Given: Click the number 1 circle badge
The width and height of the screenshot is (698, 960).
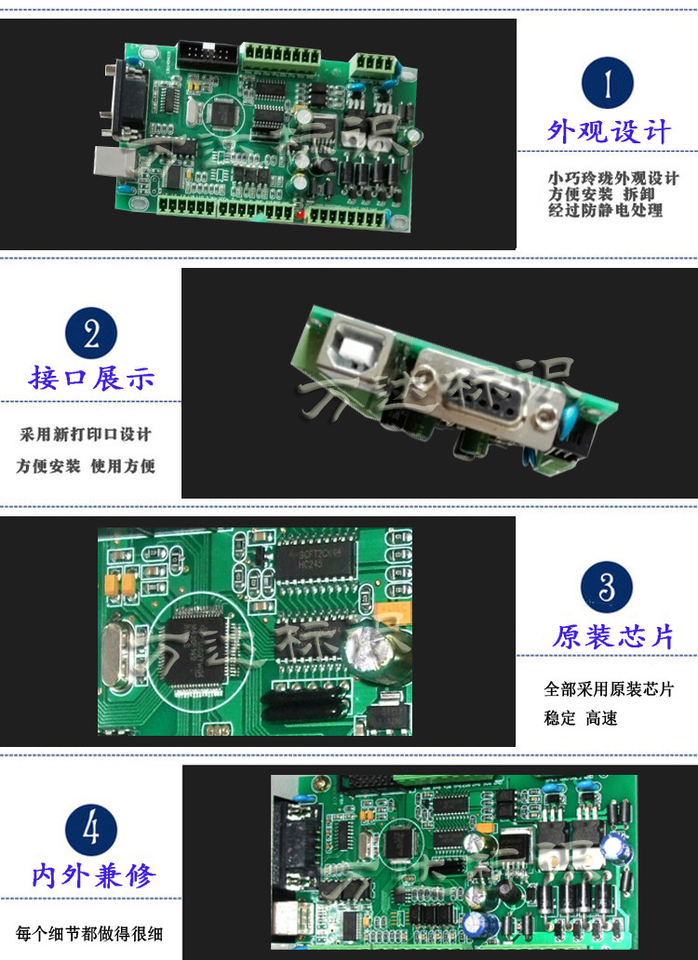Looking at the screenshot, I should tap(607, 83).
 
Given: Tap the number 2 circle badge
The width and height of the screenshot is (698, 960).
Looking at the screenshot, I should tap(91, 332).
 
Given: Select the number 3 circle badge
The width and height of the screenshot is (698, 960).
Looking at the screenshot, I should tap(607, 588).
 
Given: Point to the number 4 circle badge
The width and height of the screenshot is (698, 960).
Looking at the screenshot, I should tap(91, 828).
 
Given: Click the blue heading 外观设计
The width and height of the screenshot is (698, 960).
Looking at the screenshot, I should tap(608, 131).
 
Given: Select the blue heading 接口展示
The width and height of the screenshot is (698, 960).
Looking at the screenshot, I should tap(91, 379).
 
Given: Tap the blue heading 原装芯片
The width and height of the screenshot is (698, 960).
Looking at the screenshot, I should tap(612, 637).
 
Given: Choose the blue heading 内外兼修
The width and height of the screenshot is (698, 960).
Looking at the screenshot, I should tap(93, 875).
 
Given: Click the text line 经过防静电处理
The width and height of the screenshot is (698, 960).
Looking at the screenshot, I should tap(605, 210).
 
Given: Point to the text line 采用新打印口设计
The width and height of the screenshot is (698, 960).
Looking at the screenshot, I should tap(86, 434).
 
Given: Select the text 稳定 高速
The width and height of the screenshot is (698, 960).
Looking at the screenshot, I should tap(580, 718).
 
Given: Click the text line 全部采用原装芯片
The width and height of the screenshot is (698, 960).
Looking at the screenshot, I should tap(609, 689).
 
